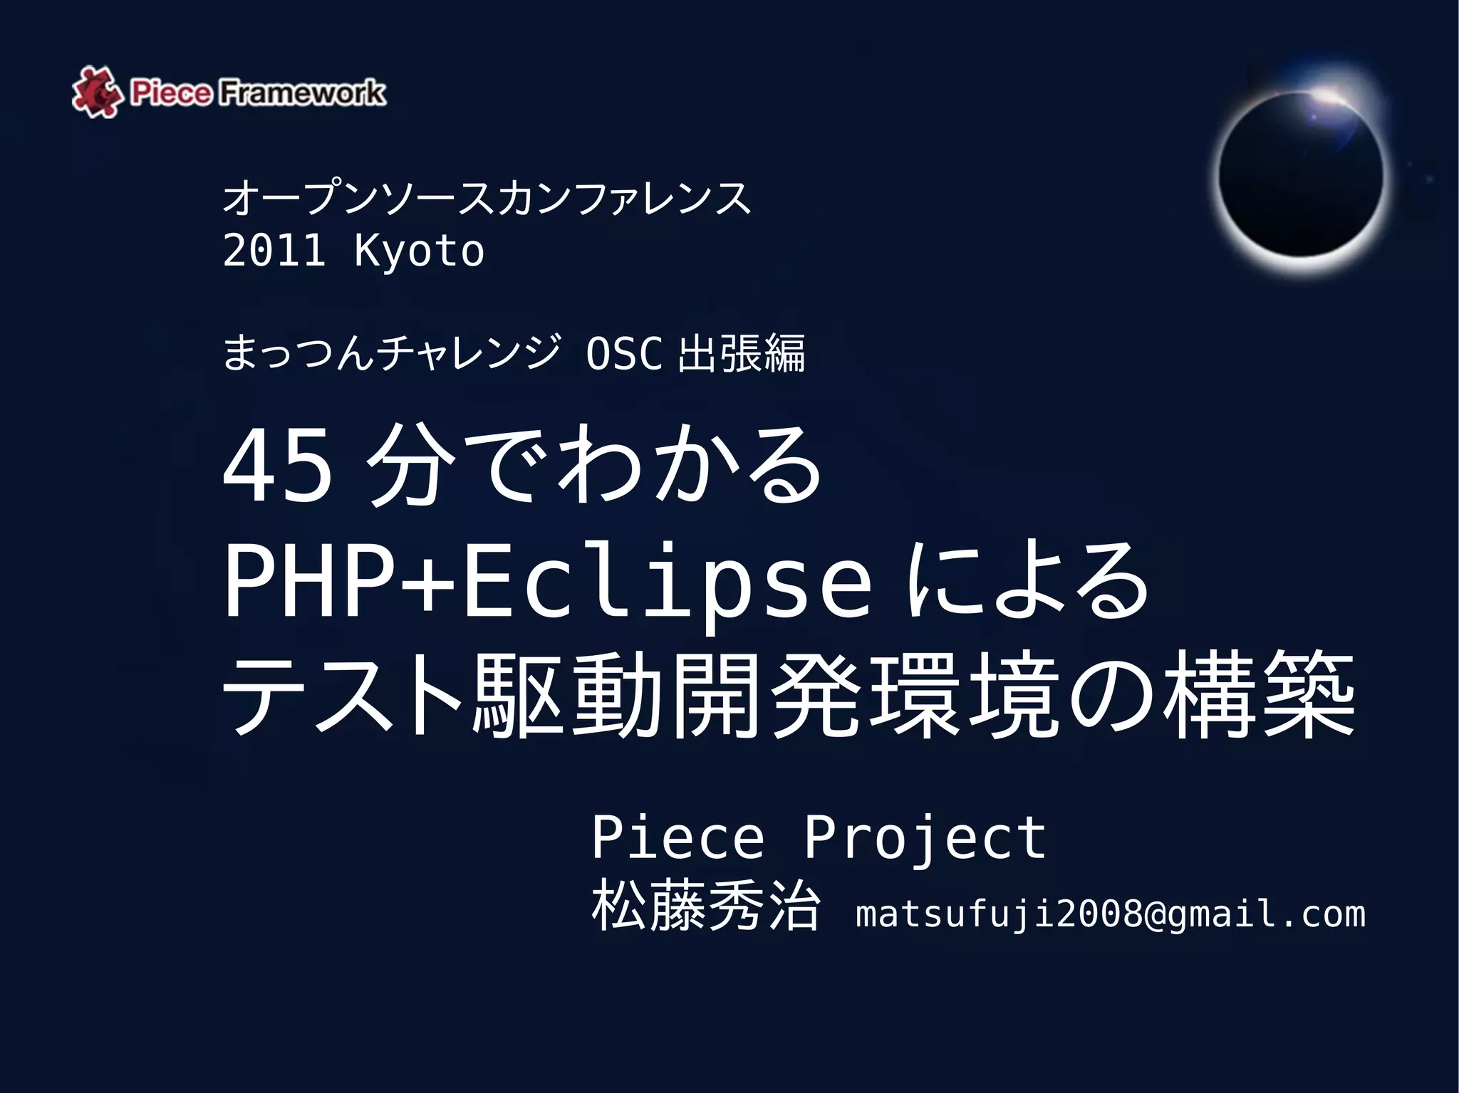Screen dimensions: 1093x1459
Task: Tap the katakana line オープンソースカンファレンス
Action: point(487,198)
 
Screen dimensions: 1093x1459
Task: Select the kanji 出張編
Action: point(742,353)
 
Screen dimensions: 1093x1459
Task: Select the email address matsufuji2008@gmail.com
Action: point(1110,914)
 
